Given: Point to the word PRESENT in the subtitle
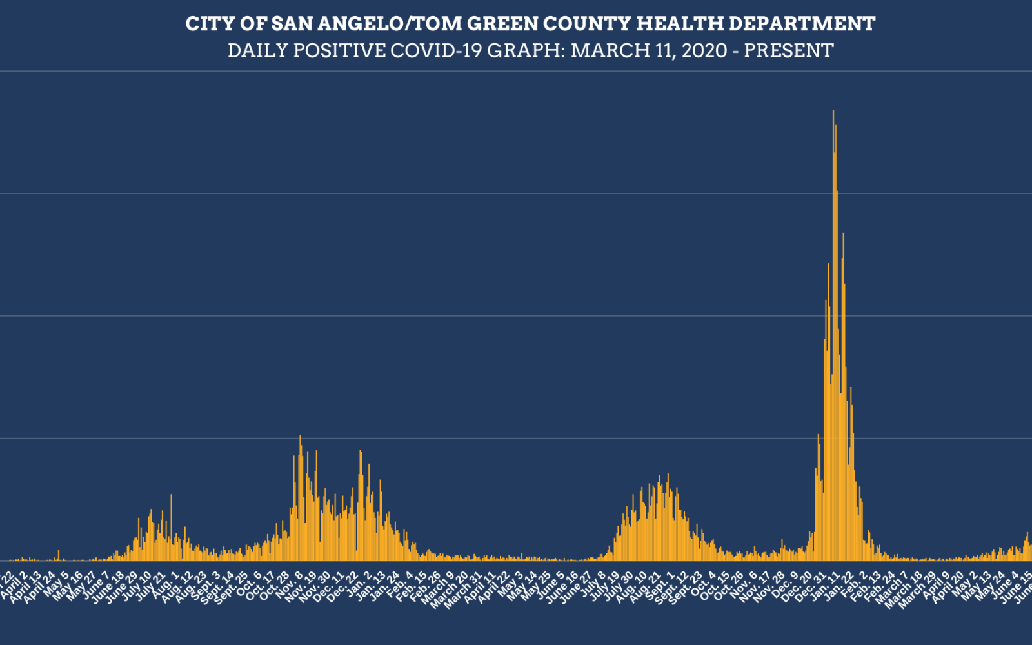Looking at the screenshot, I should coord(789,50).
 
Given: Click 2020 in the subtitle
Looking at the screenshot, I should coord(704,50).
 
